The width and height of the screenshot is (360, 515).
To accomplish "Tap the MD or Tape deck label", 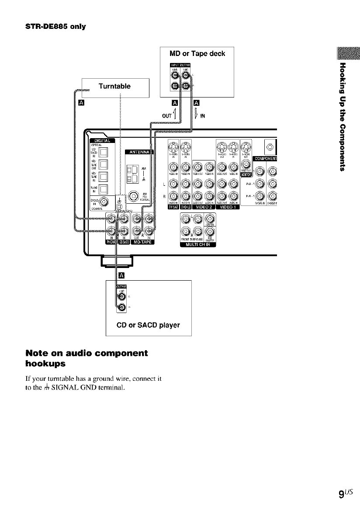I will point(197,54).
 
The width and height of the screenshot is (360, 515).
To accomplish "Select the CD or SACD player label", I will point(149,325).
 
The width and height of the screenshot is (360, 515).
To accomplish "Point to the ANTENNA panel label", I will point(138,152).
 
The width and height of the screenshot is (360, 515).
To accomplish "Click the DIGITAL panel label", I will point(102,140).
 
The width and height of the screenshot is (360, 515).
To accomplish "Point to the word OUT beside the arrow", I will point(166,116).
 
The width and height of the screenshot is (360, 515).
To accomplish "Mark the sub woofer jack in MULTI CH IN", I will point(210,231).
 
